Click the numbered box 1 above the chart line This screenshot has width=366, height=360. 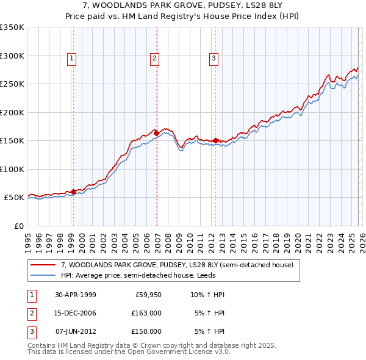coord(72,59)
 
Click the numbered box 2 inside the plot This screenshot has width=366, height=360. coord(154,59)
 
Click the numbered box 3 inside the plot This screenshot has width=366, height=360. coord(214,59)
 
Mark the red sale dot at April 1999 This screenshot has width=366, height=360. coord(74,192)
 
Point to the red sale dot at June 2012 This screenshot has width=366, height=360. coord(215,140)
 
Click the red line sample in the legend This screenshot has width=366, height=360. coord(43,265)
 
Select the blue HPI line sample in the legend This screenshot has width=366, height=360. coord(43,275)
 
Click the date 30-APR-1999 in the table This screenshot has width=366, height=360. coord(76,295)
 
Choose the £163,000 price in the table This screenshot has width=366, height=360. coord(146,313)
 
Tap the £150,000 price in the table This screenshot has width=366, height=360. coord(146,331)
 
